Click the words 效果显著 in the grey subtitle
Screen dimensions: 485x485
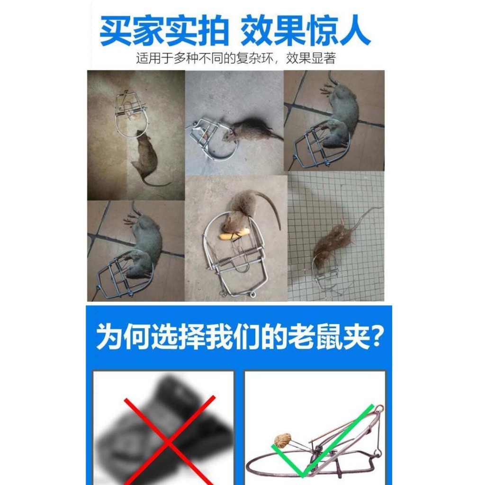point(311,58)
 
